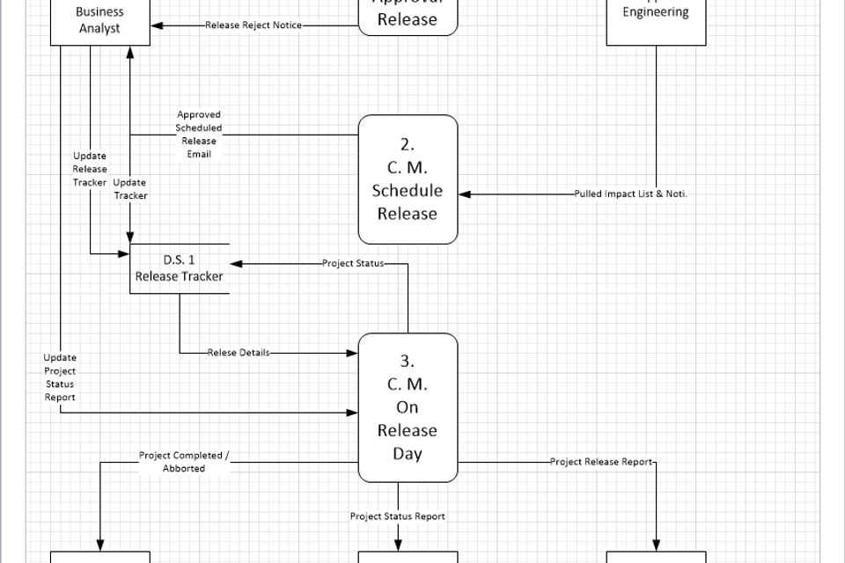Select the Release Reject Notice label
[x=253, y=26]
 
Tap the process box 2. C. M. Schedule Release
[x=408, y=179]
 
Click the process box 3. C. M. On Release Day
[x=408, y=407]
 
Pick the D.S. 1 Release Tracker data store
[x=180, y=268]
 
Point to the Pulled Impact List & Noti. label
[x=630, y=194]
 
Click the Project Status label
[x=352, y=263]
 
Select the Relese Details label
[x=239, y=353]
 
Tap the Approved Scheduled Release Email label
[x=199, y=135]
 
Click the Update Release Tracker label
[x=90, y=169]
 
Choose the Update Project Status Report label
[x=60, y=377]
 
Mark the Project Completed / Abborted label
[x=184, y=462]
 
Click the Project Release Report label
[x=602, y=462]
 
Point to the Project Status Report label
[x=397, y=516]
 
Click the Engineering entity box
[x=656, y=19]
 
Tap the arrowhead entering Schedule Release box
[x=465, y=194]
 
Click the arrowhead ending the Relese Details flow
[x=353, y=353]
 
